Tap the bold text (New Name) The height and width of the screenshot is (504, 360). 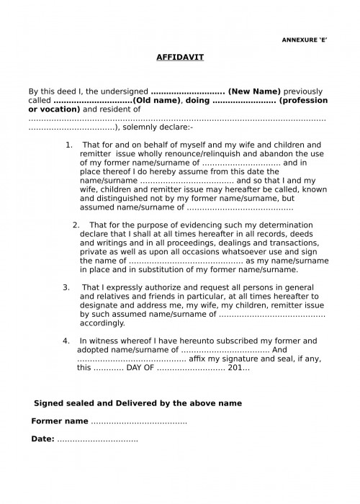(254, 93)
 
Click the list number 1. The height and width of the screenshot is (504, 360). (69, 145)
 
